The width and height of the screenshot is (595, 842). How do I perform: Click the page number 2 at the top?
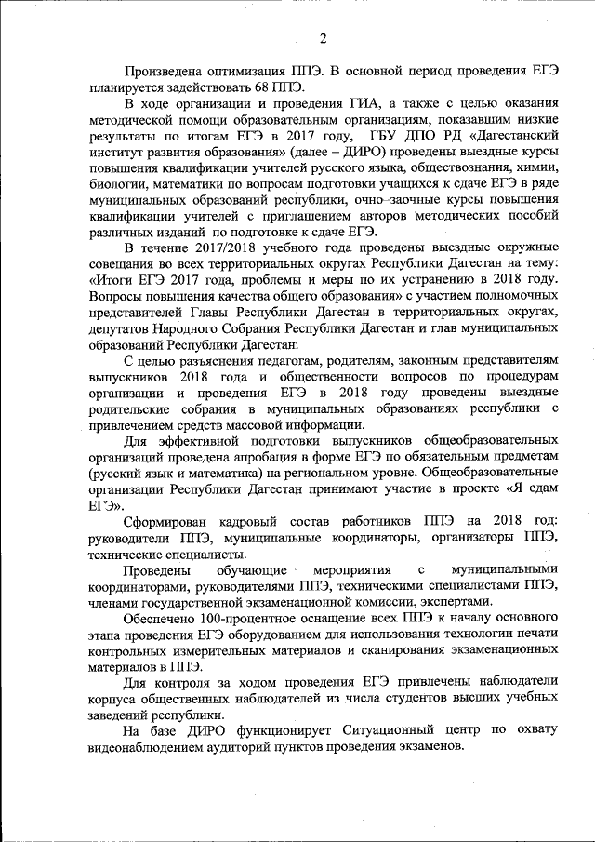click(x=322, y=37)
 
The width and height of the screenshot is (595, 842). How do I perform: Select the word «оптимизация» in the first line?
click(x=240, y=69)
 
